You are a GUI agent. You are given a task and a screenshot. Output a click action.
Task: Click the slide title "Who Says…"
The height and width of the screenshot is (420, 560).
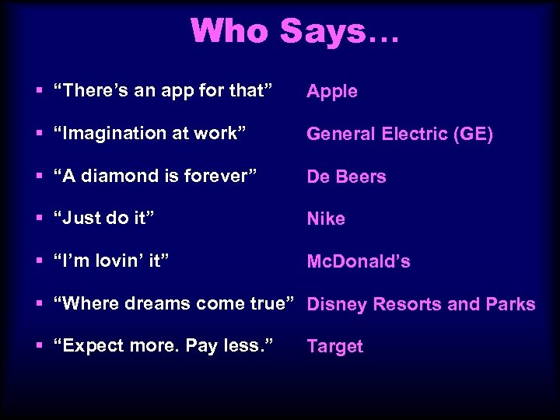tap(294, 31)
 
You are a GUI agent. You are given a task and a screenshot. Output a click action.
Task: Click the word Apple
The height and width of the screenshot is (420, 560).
tap(332, 92)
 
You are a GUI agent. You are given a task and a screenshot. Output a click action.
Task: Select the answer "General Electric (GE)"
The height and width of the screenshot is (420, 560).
tap(400, 134)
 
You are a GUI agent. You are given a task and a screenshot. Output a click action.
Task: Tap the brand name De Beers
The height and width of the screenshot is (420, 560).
tap(346, 177)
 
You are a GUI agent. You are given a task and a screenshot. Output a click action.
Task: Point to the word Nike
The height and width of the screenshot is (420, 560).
tap(326, 219)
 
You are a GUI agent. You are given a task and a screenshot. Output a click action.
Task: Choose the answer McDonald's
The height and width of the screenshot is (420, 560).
tap(359, 261)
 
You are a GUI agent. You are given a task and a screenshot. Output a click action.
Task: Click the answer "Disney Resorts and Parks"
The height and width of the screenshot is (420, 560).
tap(421, 304)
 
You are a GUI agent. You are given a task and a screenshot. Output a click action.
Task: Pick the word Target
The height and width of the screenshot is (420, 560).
tap(334, 347)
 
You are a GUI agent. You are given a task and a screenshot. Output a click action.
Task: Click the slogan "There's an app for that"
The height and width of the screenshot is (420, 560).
tap(163, 91)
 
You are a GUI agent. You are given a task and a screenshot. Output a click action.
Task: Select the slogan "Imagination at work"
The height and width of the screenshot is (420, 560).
tap(150, 134)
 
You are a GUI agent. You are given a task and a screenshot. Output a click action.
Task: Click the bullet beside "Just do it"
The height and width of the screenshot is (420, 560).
tap(40, 219)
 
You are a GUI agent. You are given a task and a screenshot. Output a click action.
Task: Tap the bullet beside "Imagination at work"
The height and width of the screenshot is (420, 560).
tap(40, 134)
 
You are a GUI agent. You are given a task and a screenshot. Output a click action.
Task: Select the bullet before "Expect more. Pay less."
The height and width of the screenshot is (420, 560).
tap(40, 347)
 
